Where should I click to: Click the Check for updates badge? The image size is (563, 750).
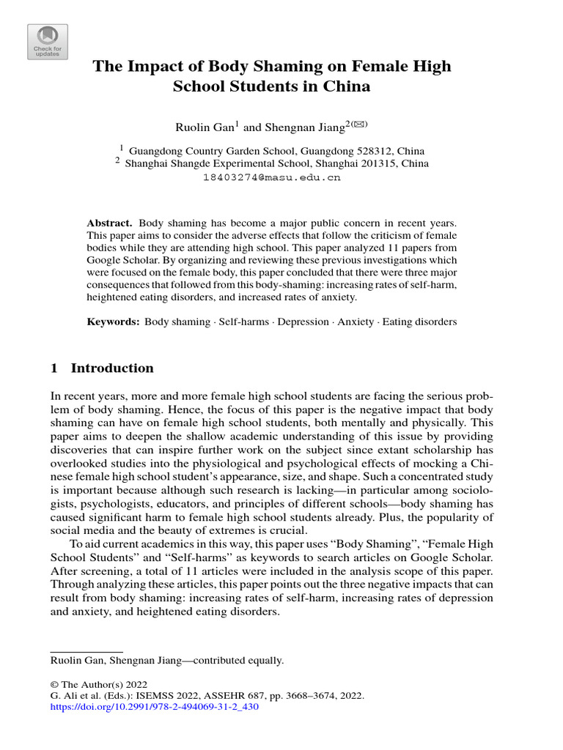pyautogui.click(x=48, y=42)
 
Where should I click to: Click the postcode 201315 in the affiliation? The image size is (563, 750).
pyautogui.click(x=373, y=163)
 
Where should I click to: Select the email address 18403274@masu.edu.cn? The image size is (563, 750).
pyautogui.click(x=271, y=177)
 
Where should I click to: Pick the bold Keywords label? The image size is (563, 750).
pyautogui.click(x=113, y=322)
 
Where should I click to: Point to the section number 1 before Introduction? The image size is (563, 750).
pyautogui.click(x=54, y=368)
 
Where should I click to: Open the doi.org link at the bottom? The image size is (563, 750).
pyautogui.click(x=154, y=708)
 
